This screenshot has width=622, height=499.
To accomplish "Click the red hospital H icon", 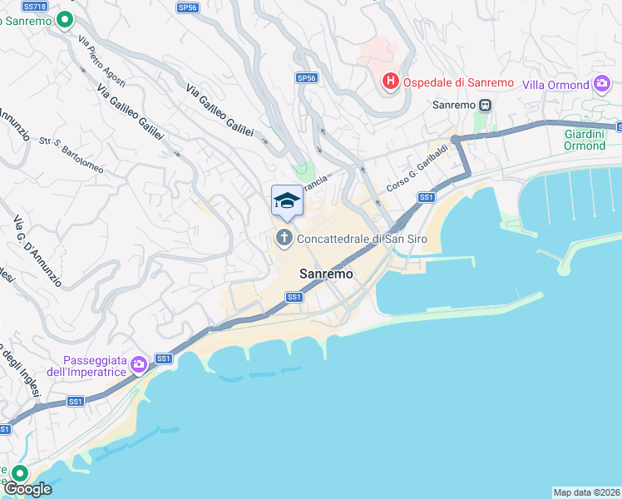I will pos(389,82).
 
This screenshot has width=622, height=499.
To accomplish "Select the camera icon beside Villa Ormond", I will pos(602,84).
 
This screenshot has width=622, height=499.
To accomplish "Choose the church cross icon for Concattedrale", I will pos(284,239).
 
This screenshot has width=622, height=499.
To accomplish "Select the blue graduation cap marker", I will pos(287,200).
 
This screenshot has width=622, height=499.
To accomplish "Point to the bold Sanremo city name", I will pos(326,274).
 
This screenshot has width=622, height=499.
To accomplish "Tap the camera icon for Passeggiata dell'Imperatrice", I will pos(139,364).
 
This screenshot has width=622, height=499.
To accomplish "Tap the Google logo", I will pos(27,489).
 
